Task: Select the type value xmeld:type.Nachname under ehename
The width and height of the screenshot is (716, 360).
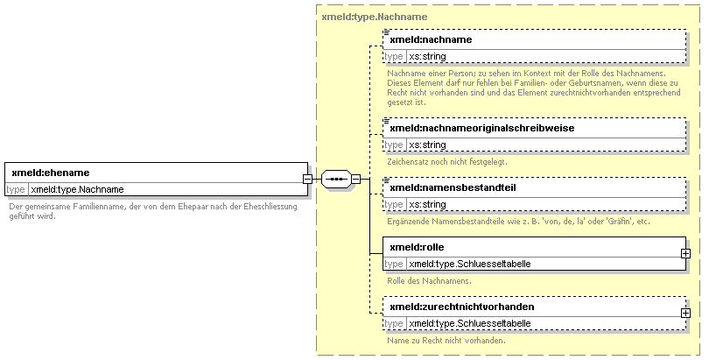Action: point(77,189)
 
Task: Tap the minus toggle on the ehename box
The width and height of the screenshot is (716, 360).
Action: point(308,179)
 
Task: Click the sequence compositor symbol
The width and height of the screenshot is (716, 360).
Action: point(336,179)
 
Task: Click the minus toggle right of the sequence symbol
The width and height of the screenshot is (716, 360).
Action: point(355,179)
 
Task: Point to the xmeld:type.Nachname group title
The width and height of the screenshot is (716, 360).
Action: point(375,17)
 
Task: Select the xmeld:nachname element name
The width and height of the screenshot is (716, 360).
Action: point(431,39)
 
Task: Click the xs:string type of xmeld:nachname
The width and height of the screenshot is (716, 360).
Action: point(427,57)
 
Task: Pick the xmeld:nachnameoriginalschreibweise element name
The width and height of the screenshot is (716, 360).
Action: point(482,129)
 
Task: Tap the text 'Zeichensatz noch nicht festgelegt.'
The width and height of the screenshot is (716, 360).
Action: point(447,162)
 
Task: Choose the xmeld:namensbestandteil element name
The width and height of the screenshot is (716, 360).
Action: point(453,187)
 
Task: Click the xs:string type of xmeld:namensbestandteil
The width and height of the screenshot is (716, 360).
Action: point(427,205)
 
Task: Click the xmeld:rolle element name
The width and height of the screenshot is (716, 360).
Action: point(417,247)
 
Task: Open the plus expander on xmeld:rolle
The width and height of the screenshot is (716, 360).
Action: point(685,253)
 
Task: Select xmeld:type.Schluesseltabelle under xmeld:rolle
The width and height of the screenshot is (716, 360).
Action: point(470,264)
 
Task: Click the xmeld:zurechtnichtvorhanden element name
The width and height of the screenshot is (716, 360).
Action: point(462,307)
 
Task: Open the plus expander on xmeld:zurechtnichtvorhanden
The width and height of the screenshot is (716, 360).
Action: point(685,313)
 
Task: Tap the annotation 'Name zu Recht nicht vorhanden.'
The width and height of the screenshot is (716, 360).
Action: point(446,341)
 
